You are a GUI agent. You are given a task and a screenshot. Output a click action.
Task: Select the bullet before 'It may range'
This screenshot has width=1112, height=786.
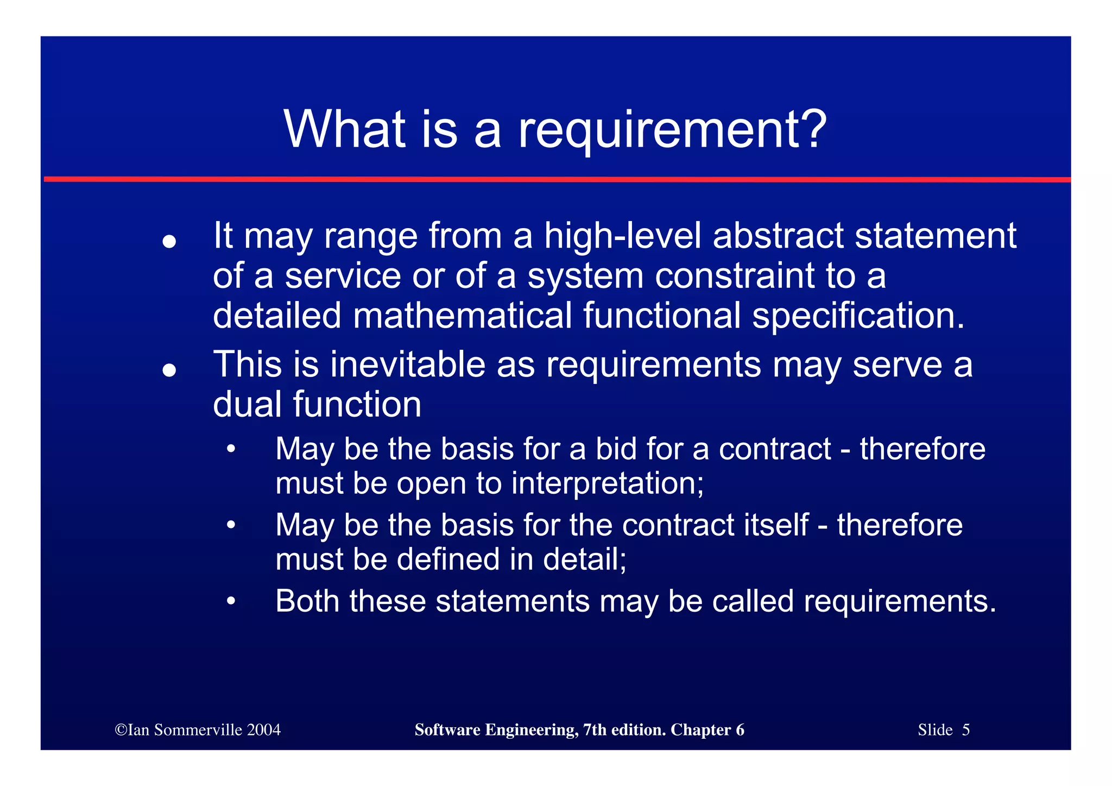[x=169, y=241]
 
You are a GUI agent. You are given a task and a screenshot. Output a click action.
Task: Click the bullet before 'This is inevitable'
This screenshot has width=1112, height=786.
[x=169, y=370]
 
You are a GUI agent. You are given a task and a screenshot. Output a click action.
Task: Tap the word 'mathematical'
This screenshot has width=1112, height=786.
[x=462, y=316]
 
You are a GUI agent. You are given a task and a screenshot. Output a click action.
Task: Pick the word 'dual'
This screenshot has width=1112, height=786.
[x=247, y=405]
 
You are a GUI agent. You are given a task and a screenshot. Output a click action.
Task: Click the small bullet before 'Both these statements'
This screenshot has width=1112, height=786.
[x=231, y=601]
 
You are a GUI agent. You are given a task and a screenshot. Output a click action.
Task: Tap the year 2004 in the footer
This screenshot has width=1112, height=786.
[x=264, y=730]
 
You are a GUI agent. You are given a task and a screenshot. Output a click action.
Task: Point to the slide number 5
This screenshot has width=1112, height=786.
[x=965, y=730]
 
